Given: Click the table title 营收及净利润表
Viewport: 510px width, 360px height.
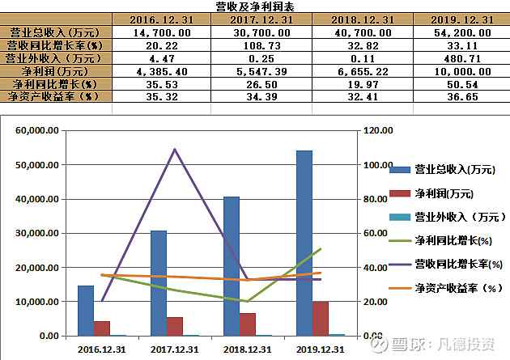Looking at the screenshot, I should [255, 6].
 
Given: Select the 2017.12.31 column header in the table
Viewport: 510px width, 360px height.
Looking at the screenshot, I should [261, 19].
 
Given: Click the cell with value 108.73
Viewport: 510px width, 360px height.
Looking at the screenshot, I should [261, 46].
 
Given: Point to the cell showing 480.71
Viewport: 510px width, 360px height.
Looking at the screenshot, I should [463, 58].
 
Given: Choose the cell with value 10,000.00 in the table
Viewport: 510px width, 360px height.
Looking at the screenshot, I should [463, 71].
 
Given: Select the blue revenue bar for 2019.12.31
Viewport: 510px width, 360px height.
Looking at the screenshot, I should [304, 243].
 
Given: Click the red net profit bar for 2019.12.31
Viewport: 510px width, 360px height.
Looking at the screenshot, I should [321, 318].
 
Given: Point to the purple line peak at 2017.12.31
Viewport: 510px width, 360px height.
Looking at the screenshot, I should [175, 150].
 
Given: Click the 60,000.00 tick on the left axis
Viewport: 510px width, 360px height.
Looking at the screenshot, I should [36, 130].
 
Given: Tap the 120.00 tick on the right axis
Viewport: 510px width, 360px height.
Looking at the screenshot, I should [377, 130].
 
